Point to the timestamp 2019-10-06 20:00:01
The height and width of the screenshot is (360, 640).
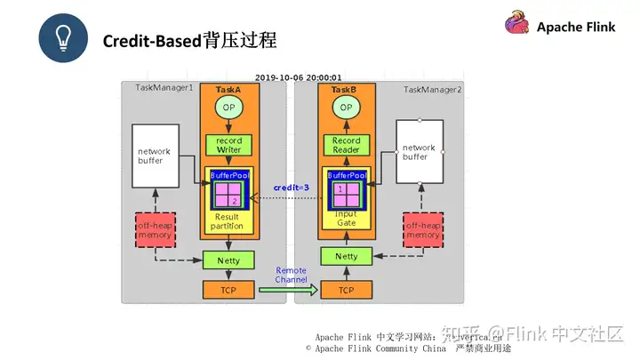click(299, 78)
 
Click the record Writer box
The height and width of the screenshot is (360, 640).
click(229, 145)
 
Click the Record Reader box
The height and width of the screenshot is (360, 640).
click(346, 145)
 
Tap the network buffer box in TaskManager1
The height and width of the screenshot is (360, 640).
click(155, 156)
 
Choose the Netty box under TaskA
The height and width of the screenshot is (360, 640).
click(229, 260)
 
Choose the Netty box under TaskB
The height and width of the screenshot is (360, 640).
click(346, 256)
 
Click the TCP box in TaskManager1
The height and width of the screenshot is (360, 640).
click(229, 290)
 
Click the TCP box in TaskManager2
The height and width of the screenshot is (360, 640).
click(346, 290)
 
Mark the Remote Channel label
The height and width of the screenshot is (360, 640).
click(291, 275)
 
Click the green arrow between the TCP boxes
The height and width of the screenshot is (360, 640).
click(288, 290)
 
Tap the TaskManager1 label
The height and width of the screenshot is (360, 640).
click(164, 88)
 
